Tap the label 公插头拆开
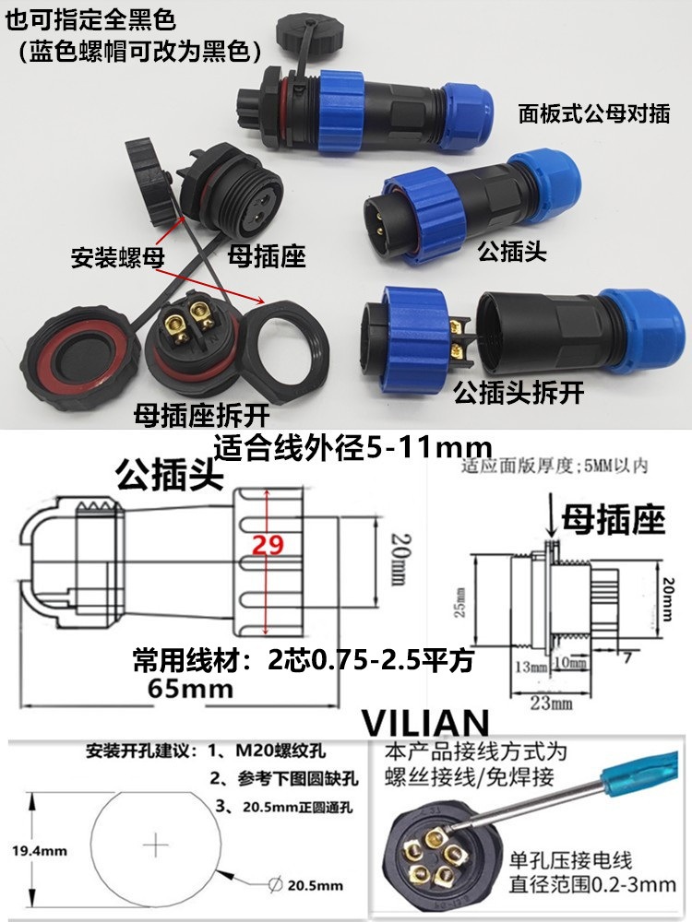(x=519, y=394)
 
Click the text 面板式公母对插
(x=594, y=114)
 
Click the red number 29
(x=267, y=546)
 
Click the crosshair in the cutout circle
(x=157, y=843)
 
